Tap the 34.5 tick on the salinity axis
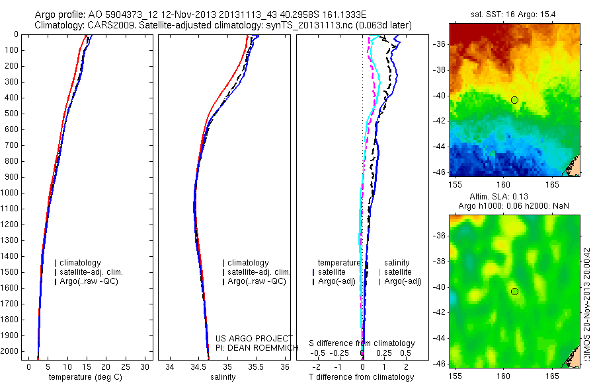pyautogui.click(x=198, y=366)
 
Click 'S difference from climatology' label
pyautogui.click(x=362, y=344)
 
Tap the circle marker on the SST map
pyautogui.click(x=514, y=100)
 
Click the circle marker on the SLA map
pyautogui.click(x=514, y=291)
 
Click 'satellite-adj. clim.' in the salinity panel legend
pyautogui.click(x=258, y=272)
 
